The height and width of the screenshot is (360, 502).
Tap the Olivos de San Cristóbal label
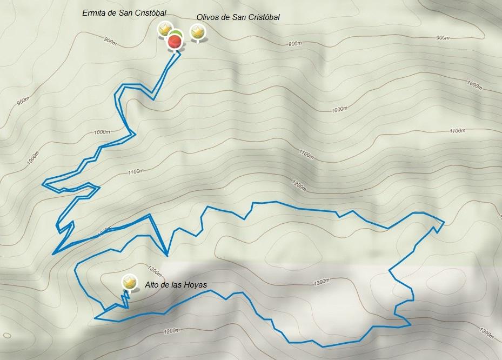coord(238,17)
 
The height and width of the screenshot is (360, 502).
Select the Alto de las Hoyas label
coord(176,285)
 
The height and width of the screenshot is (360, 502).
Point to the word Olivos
coord(208,17)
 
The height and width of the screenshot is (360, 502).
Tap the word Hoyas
coord(196,285)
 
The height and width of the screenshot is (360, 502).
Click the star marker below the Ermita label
coord(165,29)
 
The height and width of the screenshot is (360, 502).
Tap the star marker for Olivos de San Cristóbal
coord(198,32)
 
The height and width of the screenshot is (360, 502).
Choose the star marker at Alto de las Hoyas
coord(129,282)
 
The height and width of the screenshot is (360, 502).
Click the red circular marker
coord(175,41)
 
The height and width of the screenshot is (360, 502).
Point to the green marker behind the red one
coord(177,34)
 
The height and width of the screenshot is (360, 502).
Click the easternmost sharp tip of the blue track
coord(444,222)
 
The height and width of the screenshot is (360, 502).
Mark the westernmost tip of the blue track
coord(43,183)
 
